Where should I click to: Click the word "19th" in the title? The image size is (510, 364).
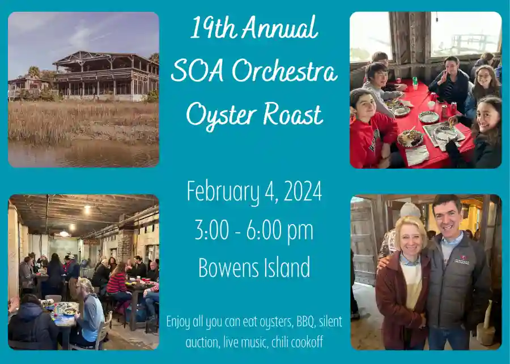pos(209,28)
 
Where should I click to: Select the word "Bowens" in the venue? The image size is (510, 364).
pos(223,267)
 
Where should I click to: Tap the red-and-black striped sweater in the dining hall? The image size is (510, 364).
pos(117,282)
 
